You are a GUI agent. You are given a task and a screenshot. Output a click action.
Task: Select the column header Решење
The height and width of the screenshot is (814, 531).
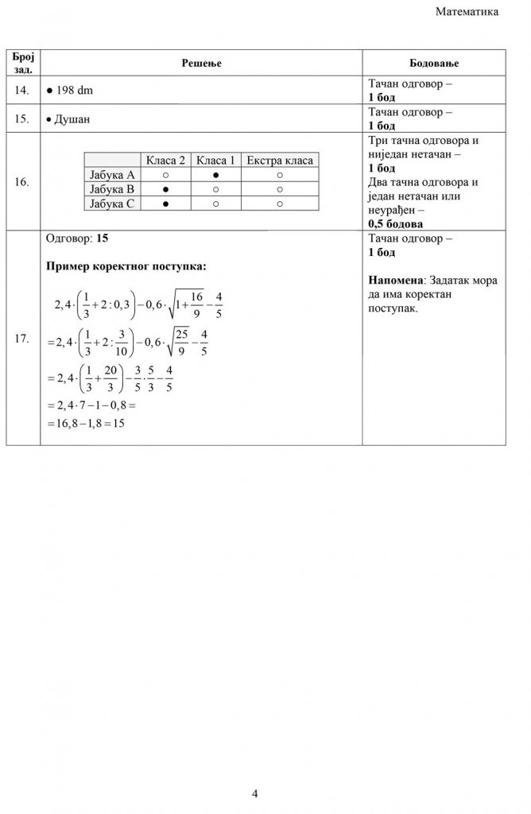click(x=201, y=63)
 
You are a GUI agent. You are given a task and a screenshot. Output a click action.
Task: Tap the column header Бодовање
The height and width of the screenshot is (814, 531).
click(x=433, y=63)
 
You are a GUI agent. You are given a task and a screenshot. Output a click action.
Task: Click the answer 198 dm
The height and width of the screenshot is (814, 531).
click(x=72, y=91)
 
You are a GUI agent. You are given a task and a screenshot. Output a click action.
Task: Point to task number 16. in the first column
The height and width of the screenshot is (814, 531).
click(x=22, y=182)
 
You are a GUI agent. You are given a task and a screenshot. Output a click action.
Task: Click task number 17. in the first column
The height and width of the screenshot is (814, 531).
click(x=22, y=339)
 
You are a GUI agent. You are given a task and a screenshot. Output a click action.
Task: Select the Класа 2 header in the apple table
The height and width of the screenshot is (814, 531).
click(x=165, y=161)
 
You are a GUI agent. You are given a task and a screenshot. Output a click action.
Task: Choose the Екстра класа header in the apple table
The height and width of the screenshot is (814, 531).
click(x=280, y=161)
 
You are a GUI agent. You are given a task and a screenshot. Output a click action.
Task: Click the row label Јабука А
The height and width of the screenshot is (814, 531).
click(x=111, y=175)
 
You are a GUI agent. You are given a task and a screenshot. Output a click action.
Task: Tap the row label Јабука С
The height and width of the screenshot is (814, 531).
click(x=111, y=203)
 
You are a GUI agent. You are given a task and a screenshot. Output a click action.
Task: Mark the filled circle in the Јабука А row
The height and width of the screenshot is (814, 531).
click(x=215, y=175)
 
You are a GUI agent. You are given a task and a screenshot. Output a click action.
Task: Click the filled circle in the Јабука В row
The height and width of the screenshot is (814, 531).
click(x=165, y=189)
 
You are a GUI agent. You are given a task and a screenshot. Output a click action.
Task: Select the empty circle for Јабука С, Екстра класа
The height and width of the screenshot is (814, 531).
click(x=280, y=203)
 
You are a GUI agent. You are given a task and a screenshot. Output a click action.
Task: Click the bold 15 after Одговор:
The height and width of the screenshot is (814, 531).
click(x=101, y=238)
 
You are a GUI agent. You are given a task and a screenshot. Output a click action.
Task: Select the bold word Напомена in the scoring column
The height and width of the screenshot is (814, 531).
click(x=396, y=281)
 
